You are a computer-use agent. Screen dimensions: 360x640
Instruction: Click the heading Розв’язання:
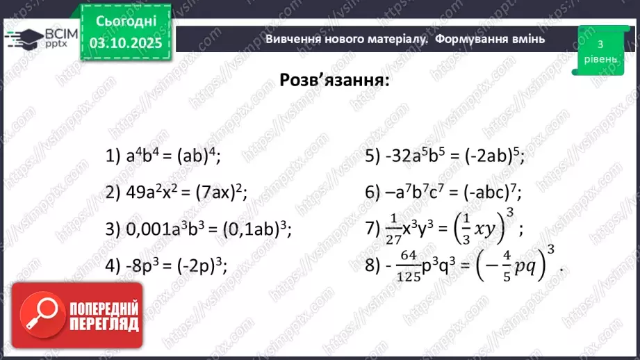click(334, 79)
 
